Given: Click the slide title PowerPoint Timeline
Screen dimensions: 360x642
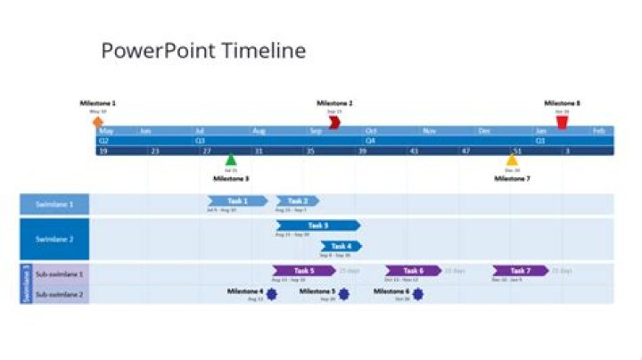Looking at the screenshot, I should pos(203,51).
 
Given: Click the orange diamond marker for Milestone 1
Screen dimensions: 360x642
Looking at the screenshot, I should pos(97,121).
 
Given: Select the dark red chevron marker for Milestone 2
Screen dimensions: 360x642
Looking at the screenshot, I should pos(334,121).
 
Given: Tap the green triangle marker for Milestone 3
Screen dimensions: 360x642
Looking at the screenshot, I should pos(231,160).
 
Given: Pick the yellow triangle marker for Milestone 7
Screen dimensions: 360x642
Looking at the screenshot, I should pos(512,160).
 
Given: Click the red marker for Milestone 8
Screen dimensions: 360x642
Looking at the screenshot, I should pos(562,121).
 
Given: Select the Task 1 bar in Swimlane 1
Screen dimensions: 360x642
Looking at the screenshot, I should pos(237,201).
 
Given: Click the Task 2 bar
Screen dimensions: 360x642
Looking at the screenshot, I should pos(298,201).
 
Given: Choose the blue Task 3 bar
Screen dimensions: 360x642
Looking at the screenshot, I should pos(318,225).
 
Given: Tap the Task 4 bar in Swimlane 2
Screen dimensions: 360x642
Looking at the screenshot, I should pos(342,246).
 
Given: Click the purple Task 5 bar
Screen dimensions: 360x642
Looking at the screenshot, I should pos(304,270).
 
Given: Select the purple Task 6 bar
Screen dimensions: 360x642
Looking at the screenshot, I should pos(413,270).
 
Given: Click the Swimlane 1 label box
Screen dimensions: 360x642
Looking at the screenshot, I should pos(54,204).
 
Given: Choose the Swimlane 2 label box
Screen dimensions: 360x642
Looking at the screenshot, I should pos(54,238).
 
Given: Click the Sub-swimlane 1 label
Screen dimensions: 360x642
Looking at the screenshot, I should pos(59,274).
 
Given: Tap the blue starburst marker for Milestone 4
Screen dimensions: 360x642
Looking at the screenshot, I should pos(272,293).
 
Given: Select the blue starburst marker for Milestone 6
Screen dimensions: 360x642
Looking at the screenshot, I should pos(417,293).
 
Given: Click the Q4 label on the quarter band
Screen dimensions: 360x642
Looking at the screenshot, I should pos(370,141).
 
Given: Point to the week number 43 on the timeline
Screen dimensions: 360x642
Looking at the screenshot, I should pos(414,151).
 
